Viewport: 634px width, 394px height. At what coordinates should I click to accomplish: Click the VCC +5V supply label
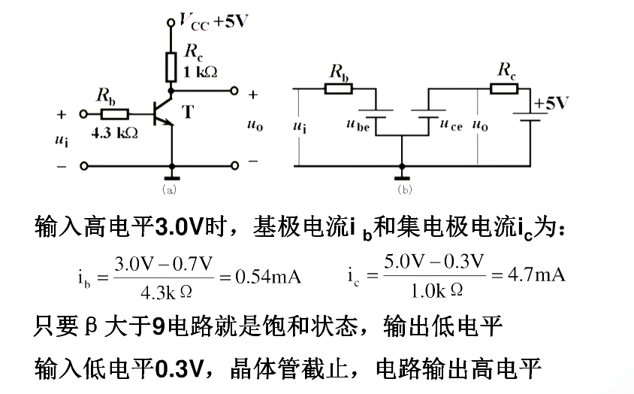[x=210, y=21]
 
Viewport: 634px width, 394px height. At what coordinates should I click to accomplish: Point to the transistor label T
[x=187, y=113]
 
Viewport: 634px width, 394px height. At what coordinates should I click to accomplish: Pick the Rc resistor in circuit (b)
[x=504, y=89]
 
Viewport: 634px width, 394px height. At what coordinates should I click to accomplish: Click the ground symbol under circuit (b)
[x=403, y=175]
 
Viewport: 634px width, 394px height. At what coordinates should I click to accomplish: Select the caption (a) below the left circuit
[x=168, y=189]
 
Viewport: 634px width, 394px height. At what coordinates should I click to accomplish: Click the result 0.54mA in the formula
[x=268, y=277]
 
